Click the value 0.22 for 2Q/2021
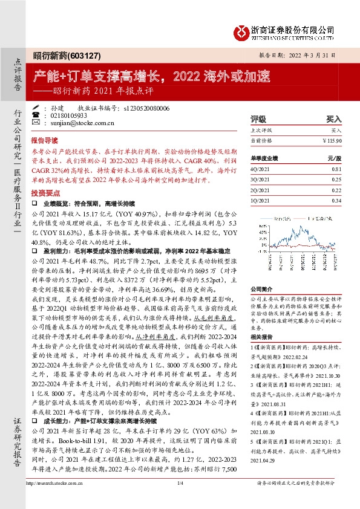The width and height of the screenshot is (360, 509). [336, 190]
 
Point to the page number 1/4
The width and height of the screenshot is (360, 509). [180, 499]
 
